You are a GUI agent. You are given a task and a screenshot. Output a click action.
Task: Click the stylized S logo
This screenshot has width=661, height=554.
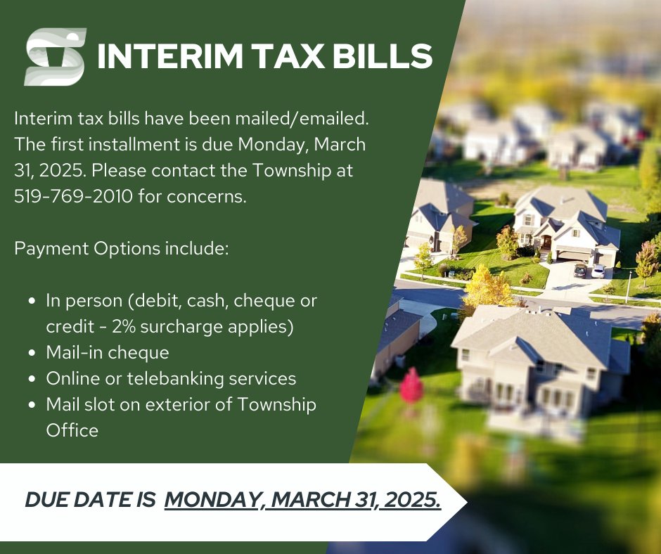(56, 57)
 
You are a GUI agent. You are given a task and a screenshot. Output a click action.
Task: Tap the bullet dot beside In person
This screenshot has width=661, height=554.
(32, 302)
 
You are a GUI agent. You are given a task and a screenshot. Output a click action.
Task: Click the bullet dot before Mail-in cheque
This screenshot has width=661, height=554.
(32, 354)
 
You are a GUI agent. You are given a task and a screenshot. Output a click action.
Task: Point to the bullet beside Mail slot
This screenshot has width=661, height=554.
(32, 406)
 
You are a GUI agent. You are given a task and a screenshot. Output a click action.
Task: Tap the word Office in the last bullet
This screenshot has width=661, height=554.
(72, 430)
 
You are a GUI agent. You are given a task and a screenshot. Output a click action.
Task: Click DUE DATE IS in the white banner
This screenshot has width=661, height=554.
(90, 500)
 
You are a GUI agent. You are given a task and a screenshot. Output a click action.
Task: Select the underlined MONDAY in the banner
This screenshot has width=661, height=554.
(214, 500)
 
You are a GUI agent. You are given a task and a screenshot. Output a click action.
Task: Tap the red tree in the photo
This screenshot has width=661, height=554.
(411, 385)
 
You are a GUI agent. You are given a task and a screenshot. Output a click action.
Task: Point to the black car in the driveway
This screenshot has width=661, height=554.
(580, 269)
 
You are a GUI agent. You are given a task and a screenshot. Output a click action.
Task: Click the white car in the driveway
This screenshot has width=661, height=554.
(598, 270)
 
